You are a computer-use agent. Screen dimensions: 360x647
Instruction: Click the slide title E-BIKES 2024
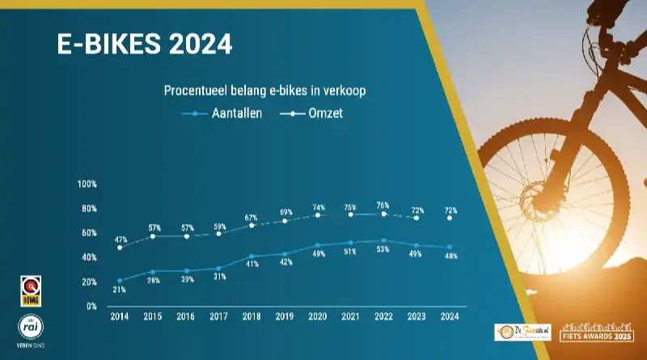point(145,44)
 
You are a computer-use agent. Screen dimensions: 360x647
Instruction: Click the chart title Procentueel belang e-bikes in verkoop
point(265,91)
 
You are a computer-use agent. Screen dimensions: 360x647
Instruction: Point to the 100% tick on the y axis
point(87,184)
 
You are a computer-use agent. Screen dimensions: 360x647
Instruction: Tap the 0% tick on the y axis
point(91,307)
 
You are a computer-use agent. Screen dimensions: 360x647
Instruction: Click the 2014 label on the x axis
point(119,317)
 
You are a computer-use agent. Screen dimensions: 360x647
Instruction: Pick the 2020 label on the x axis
point(318,317)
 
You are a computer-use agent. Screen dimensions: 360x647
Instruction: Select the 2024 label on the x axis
point(450,317)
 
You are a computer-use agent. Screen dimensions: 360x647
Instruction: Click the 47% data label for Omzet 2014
point(120,240)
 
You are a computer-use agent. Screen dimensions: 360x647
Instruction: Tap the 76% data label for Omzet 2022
point(383,205)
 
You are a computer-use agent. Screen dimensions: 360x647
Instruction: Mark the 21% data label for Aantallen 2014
point(120,290)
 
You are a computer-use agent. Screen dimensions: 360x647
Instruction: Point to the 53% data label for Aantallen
point(383,249)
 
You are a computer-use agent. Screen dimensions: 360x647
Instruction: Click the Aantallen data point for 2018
point(252,256)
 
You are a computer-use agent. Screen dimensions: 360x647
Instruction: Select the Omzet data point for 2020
point(318,215)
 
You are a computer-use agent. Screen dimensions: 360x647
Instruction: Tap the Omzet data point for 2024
point(450,218)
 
